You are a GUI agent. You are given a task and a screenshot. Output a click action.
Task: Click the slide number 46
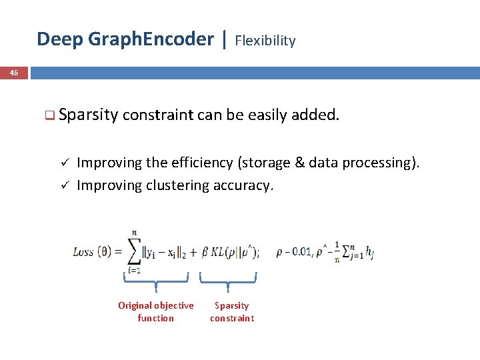pyautogui.click(x=14, y=73)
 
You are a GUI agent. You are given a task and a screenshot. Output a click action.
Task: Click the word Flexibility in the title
pyautogui.click(x=265, y=41)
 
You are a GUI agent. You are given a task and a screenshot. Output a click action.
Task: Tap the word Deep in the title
pyautogui.click(x=60, y=39)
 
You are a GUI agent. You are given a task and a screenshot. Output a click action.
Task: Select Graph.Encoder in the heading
pyautogui.click(x=151, y=39)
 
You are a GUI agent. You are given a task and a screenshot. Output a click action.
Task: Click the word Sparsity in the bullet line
pyautogui.click(x=88, y=115)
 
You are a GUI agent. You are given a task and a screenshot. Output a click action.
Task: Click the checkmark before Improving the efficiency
pyautogui.click(x=65, y=163)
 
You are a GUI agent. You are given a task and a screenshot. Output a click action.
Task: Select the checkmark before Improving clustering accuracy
pyautogui.click(x=65, y=185)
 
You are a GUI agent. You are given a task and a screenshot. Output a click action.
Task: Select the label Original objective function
pyautogui.click(x=155, y=311)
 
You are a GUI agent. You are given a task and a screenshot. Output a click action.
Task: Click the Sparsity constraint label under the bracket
pyautogui.click(x=231, y=311)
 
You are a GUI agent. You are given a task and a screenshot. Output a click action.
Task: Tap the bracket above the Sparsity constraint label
pyautogui.click(x=229, y=279)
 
